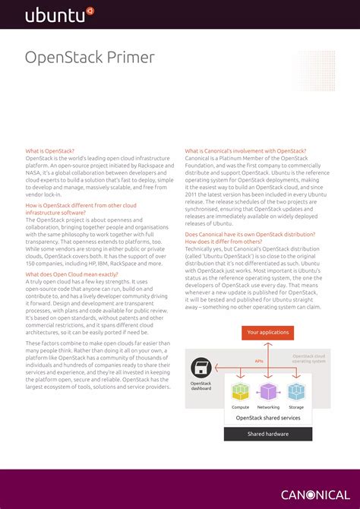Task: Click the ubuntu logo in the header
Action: coord(59,14)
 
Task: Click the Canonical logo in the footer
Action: coord(315,495)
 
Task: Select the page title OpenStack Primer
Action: coord(90,58)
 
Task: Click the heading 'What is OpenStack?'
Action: coord(50,151)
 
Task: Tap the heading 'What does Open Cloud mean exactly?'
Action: coord(71,274)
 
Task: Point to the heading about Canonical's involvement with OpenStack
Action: coord(245,151)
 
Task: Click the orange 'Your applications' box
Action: coord(268,332)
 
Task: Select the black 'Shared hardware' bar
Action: coord(267,434)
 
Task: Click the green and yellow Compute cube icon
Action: coord(240,391)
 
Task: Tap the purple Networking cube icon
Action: coord(268,391)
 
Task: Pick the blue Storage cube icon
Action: coord(295,391)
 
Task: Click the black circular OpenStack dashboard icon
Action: coord(201,368)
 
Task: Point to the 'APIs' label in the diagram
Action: coord(259,362)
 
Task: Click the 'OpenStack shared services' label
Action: coord(267,417)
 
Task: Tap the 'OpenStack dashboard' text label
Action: coord(201,386)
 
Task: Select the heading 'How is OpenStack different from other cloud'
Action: coord(81,205)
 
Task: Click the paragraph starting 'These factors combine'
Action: coord(98,365)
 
